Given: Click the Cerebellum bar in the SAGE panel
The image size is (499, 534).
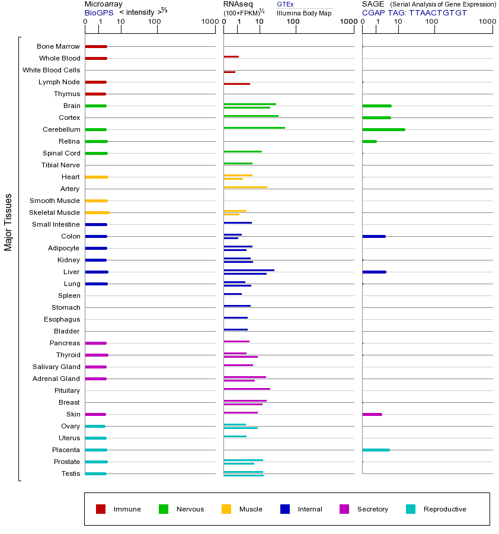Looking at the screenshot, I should [x=383, y=129].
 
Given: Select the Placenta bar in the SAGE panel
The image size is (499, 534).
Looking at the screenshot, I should [x=376, y=450].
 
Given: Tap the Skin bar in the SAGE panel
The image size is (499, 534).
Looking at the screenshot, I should [x=372, y=414].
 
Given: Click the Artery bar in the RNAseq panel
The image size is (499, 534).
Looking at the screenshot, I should [x=245, y=187].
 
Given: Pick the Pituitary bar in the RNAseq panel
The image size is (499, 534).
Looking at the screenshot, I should [x=247, y=389].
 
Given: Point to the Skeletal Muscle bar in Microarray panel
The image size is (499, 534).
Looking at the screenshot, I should [x=97, y=212].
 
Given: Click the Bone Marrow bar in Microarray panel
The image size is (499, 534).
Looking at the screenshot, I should [x=96, y=46].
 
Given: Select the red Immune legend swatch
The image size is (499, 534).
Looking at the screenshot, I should [x=101, y=509].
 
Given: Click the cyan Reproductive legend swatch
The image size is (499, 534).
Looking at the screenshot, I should [x=411, y=509].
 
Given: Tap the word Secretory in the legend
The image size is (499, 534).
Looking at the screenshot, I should [x=372, y=509].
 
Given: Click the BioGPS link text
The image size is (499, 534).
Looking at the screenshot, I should [x=98, y=12].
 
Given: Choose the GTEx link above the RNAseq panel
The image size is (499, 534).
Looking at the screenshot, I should [x=285, y=4].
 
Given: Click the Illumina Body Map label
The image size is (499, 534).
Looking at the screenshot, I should [x=304, y=13].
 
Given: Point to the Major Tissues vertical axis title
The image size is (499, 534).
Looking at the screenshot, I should [x=8, y=222].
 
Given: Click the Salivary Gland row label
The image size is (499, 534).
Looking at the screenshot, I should [x=56, y=367].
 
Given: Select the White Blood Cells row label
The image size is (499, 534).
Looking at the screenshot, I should [x=51, y=70].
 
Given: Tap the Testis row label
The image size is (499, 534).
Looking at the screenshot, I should [x=71, y=473].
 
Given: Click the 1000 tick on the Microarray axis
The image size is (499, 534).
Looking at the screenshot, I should [x=209, y=22].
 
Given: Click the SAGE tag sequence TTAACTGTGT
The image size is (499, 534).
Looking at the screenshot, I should [x=438, y=12].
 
